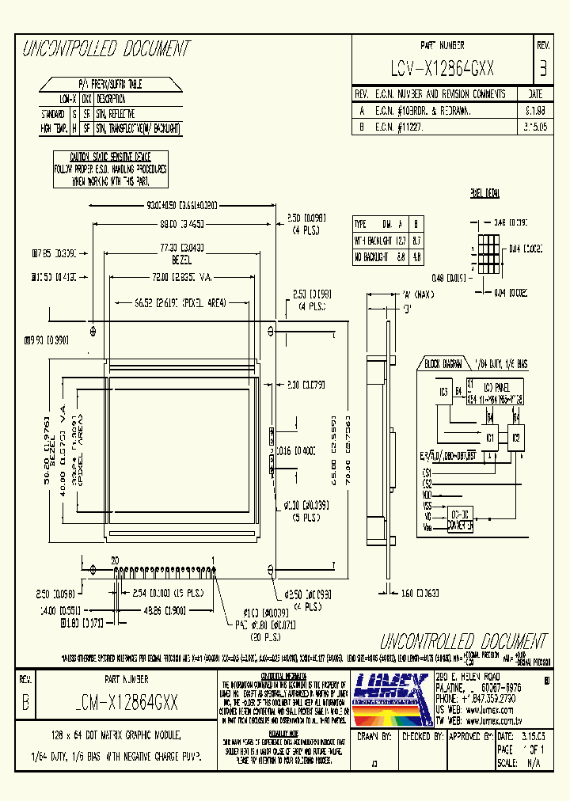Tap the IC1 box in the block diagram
491,437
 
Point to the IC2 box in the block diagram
516,437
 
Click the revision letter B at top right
542,69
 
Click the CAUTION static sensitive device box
110,169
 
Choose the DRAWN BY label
375,735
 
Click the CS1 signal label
427,473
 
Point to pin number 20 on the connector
115,559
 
